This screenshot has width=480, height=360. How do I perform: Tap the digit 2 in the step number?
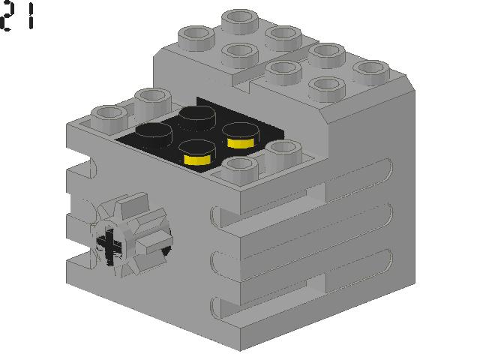tap(9, 16)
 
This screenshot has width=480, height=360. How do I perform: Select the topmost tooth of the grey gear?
tap(124, 202)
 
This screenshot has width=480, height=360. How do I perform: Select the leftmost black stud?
tap(154, 134)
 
